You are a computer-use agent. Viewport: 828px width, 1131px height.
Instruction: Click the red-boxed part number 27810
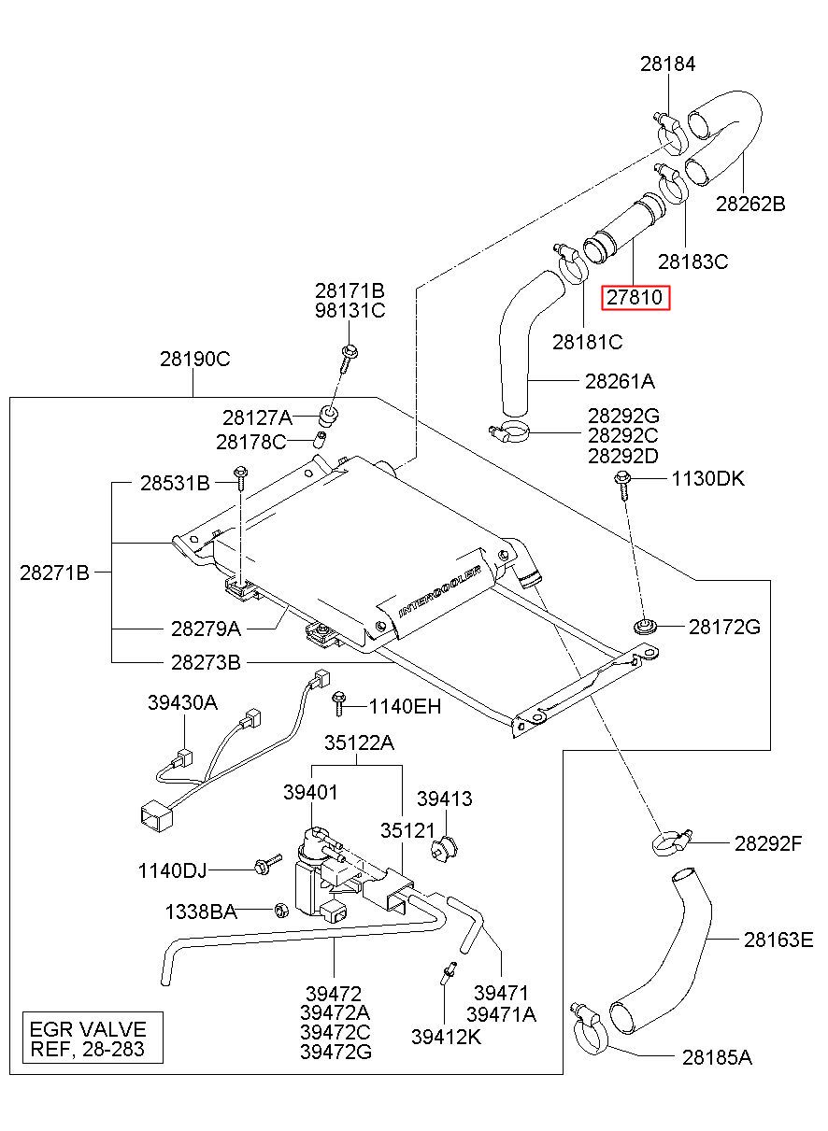635,297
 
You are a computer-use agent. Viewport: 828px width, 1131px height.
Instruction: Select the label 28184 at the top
668,64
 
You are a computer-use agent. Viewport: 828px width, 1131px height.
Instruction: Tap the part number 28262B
750,204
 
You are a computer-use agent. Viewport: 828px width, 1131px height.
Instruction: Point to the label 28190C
195,359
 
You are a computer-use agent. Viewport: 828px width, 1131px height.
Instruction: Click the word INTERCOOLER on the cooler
439,592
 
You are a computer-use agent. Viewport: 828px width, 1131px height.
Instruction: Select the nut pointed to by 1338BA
281,911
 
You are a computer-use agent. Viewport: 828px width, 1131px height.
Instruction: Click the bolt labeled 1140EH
338,704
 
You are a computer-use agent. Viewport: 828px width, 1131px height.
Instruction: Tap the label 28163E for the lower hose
778,940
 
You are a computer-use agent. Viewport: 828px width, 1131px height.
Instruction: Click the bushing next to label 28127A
328,416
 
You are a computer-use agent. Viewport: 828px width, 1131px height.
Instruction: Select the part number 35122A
359,742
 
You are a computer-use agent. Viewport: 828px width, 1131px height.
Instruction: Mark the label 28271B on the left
54,573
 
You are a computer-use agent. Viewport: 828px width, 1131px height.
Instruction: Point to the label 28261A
620,381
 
